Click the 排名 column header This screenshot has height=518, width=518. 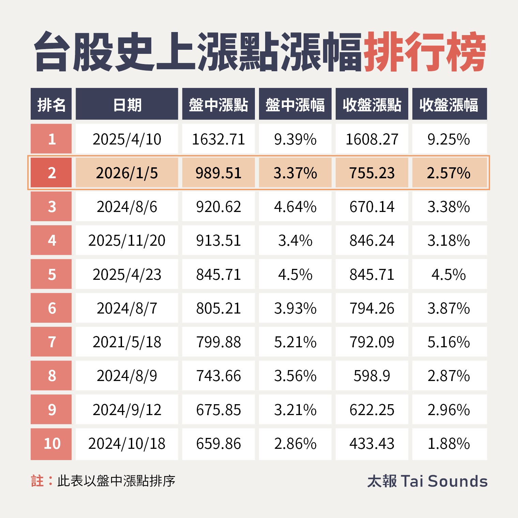pos(51,104)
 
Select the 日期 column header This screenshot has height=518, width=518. pos(127,104)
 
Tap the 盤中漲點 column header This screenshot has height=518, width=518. pos(218,104)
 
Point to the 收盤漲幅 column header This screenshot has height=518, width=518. pos(449,104)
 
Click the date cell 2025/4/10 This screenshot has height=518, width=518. pos(127,139)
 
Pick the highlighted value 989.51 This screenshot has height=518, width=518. pos(218,173)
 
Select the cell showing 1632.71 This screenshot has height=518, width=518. pos(218,139)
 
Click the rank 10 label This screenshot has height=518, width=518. pos(52,444)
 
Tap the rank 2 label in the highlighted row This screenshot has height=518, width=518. pos(52,173)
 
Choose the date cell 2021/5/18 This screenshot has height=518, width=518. pos(127,342)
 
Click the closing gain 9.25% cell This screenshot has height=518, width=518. pos(449,139)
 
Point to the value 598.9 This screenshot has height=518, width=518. pos(372,376)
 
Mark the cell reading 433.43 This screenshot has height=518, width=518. pos(372,444)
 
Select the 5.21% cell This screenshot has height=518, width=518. pos(295,342)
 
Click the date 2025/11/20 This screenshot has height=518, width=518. pos(127,241)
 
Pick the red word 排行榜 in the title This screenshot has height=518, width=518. pos(425,52)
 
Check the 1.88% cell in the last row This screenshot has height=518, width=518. pos(449,444)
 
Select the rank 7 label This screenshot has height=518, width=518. pos(52,342)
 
